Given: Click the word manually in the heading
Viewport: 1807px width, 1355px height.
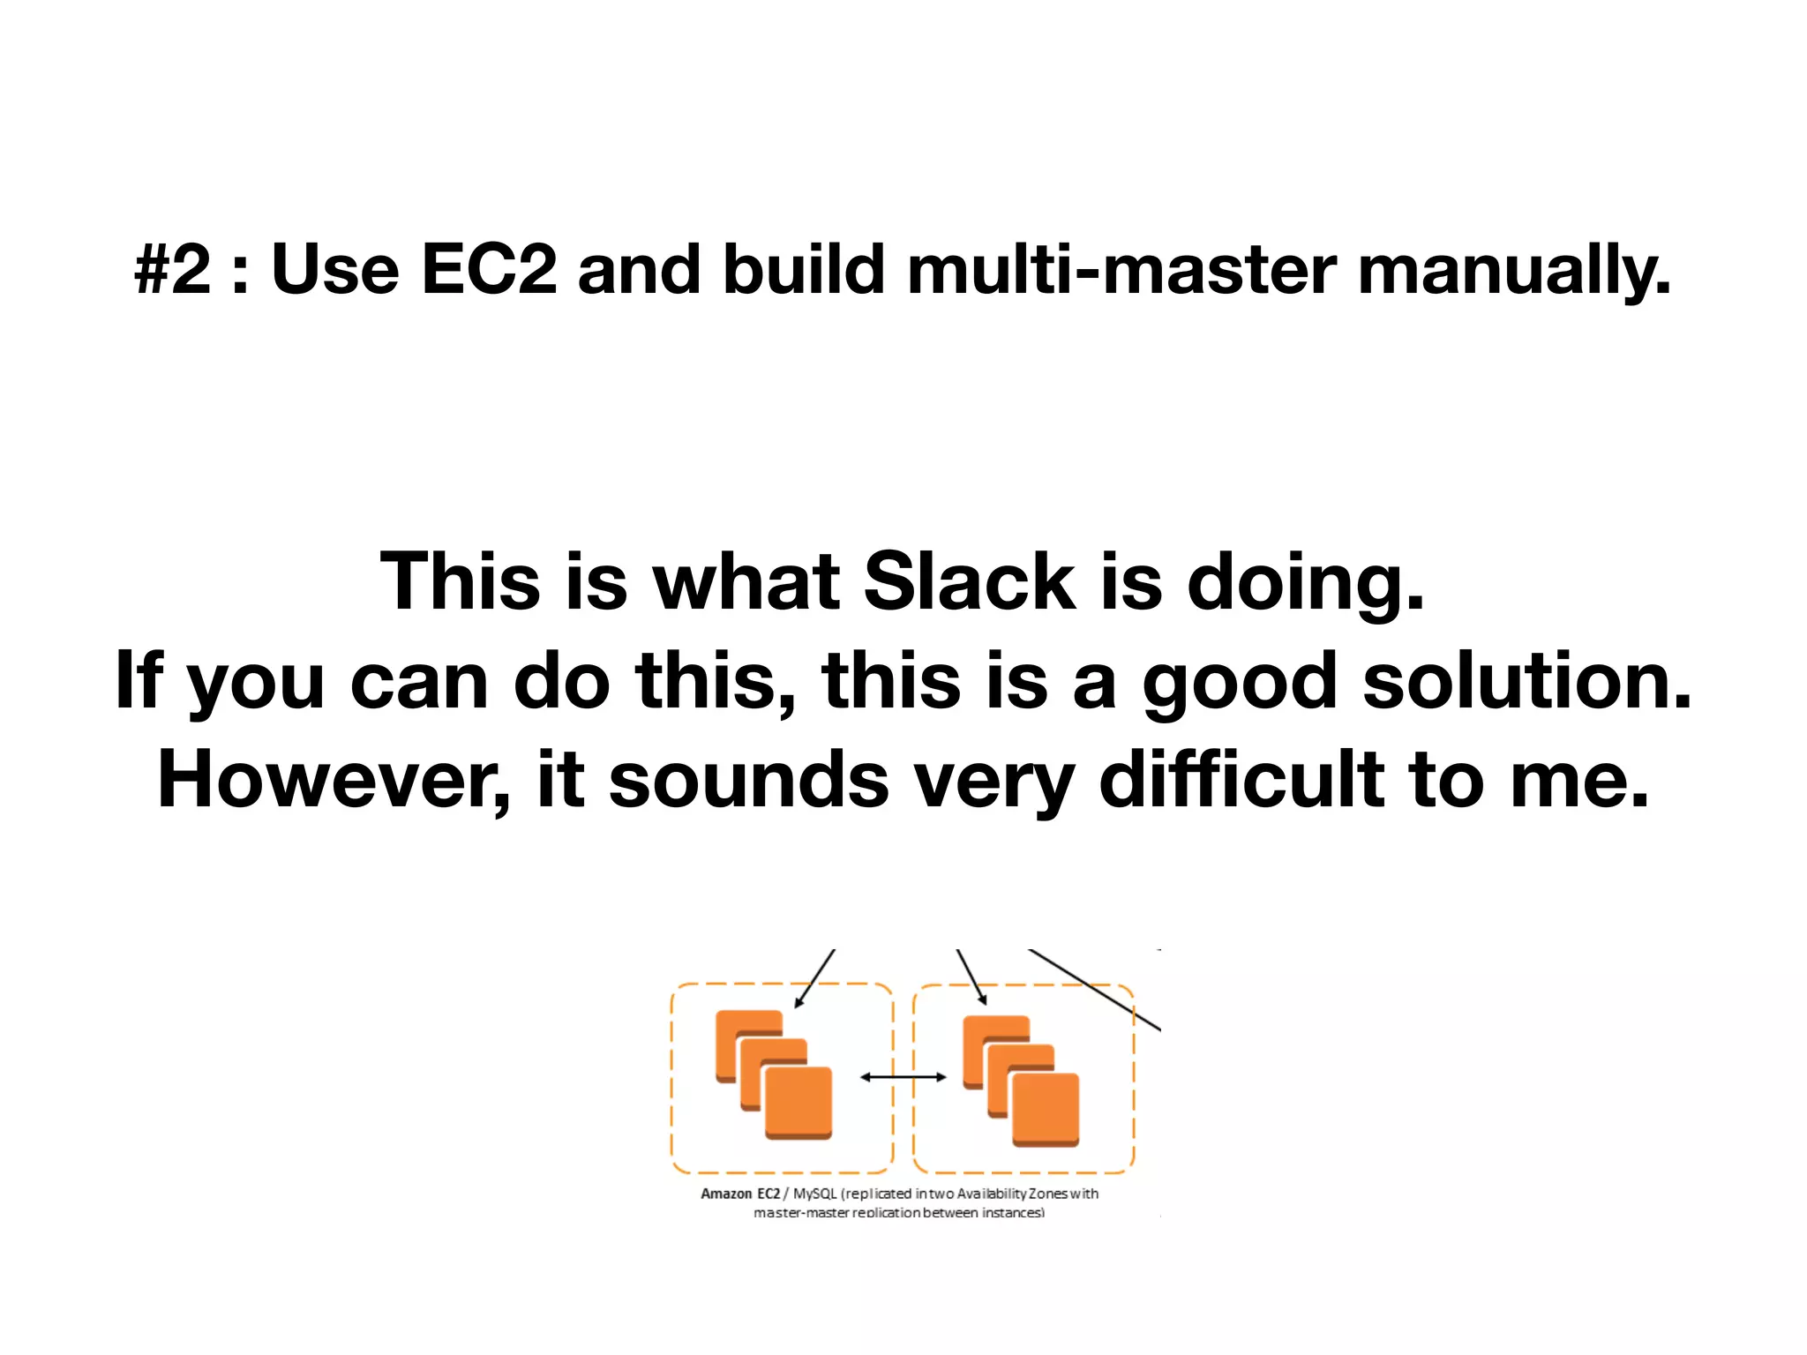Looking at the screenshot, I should (1514, 270).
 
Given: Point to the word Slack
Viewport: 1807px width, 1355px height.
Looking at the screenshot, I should (969, 581).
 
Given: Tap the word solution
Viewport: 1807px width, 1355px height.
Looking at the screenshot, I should (1527, 681).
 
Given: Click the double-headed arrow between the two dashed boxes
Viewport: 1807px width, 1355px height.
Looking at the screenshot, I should (903, 1076).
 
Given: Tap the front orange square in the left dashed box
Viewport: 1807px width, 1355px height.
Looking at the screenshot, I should (799, 1103).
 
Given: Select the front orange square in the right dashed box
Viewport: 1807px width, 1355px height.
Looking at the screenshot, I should (1046, 1109).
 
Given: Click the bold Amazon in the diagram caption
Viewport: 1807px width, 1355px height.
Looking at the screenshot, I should (726, 1194).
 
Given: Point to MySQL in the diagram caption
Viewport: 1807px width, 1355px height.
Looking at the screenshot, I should (814, 1194).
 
